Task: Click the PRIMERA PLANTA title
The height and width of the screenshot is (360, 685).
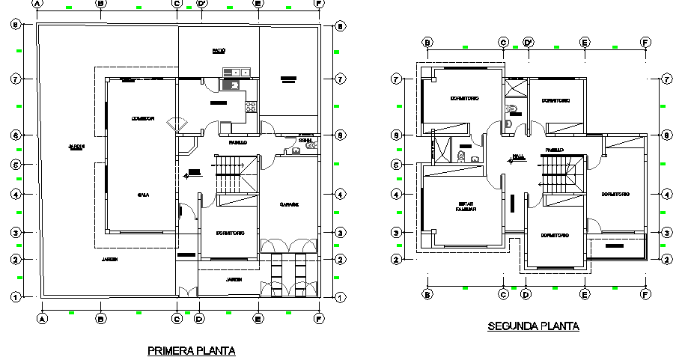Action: coord(192,350)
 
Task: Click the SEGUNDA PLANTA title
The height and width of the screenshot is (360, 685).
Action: coord(533,326)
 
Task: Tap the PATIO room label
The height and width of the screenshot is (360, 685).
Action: coord(219,51)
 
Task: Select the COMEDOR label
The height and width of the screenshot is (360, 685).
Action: coord(142,118)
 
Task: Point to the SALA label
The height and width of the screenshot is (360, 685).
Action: coord(141,195)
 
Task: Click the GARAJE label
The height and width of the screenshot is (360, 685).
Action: coord(290,204)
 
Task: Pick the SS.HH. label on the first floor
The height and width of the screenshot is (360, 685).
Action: coord(305,140)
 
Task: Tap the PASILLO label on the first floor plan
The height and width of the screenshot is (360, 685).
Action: coord(238,141)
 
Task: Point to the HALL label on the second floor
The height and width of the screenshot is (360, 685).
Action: coord(518,157)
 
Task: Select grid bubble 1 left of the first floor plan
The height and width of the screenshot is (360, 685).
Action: coord(15,298)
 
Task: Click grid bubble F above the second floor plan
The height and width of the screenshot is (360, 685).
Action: coord(645,43)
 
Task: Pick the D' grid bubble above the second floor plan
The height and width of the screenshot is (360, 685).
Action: coord(529,43)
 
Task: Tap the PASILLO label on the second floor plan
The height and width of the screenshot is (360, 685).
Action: coord(554,150)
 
